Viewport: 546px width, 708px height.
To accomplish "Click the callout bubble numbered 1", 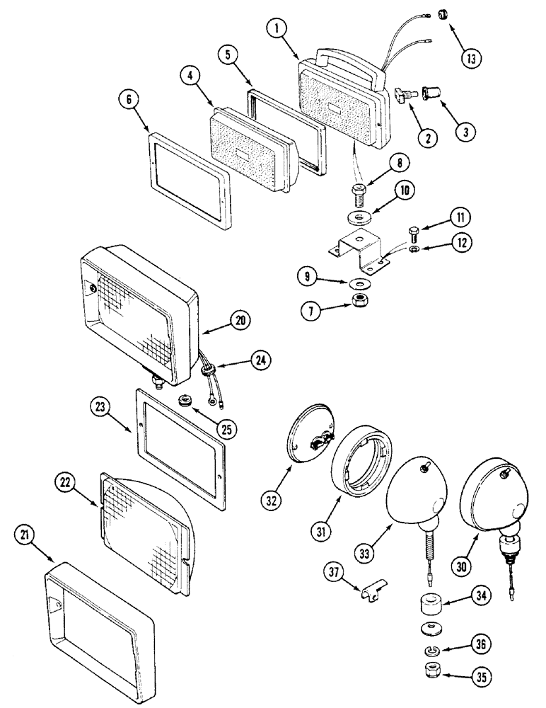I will [x=278, y=30].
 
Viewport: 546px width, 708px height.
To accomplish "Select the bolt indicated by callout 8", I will [x=359, y=191].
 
